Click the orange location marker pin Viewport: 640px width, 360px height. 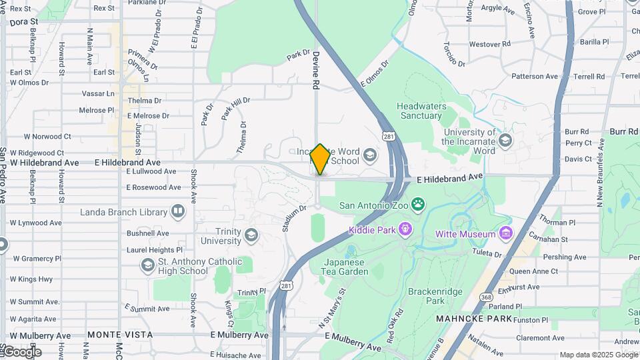pyautogui.click(x=321, y=159)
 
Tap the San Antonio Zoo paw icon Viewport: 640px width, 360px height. pyautogui.click(x=418, y=204)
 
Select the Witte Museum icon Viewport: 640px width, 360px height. pyautogui.click(x=506, y=233)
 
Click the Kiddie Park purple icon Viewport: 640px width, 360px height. pyautogui.click(x=405, y=231)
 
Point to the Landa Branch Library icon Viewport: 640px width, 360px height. pyautogui.click(x=178, y=212)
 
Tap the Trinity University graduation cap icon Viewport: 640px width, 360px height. pyautogui.click(x=251, y=235)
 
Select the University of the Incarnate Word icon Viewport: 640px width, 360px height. pyautogui.click(x=505, y=141)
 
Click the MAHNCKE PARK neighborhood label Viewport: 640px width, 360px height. pyautogui.click(x=474, y=319)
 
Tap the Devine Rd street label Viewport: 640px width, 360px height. pyautogui.click(x=316, y=71)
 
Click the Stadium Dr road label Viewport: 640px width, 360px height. pyautogui.click(x=293, y=218)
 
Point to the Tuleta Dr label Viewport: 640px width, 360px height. pyautogui.click(x=488, y=253)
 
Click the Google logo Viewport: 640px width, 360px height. pyautogui.click(x=22, y=352)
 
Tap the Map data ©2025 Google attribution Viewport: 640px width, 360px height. pyautogui.click(x=598, y=355)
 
